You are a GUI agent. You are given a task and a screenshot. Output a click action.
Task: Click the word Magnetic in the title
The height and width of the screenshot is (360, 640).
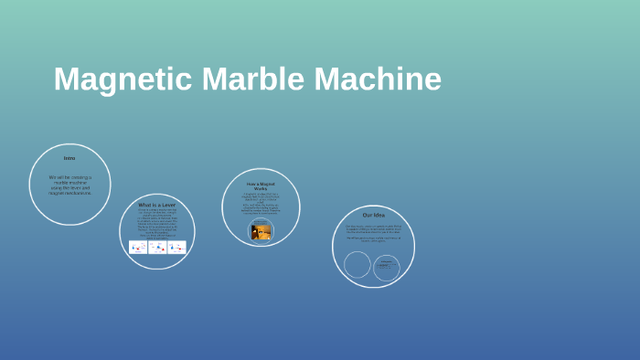click(x=123, y=79)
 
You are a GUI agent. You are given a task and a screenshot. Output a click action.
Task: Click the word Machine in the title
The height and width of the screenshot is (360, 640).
click(x=378, y=79)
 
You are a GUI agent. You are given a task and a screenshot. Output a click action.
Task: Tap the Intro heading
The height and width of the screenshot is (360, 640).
click(x=69, y=158)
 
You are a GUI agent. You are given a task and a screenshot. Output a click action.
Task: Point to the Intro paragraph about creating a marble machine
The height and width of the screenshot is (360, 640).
click(x=69, y=185)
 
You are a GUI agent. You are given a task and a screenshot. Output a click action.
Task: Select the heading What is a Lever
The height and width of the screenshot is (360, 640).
click(x=157, y=205)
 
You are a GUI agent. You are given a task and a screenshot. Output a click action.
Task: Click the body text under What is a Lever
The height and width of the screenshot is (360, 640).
click(x=157, y=223)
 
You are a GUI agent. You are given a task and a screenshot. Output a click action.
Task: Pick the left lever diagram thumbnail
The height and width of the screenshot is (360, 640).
click(x=138, y=247)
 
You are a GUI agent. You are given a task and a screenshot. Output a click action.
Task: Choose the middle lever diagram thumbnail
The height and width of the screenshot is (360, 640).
click(x=157, y=247)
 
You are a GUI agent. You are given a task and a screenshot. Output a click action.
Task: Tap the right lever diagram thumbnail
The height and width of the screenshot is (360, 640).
click(x=176, y=247)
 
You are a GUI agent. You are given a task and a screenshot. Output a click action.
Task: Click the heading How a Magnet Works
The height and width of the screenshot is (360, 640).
click(x=261, y=185)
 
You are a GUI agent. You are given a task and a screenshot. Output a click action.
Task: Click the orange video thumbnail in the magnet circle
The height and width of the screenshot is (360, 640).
click(x=261, y=231)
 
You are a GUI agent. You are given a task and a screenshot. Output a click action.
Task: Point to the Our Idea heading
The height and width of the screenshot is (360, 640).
click(x=373, y=215)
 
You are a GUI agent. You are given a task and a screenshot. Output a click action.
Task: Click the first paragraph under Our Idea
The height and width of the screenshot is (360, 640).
click(x=373, y=228)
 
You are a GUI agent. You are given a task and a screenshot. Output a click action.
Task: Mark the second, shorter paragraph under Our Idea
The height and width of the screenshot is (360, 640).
click(x=373, y=240)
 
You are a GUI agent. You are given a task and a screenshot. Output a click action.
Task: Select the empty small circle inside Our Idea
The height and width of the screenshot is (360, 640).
click(x=357, y=264)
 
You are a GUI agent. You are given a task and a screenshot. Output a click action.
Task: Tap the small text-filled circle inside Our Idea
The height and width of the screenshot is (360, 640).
click(x=387, y=267)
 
